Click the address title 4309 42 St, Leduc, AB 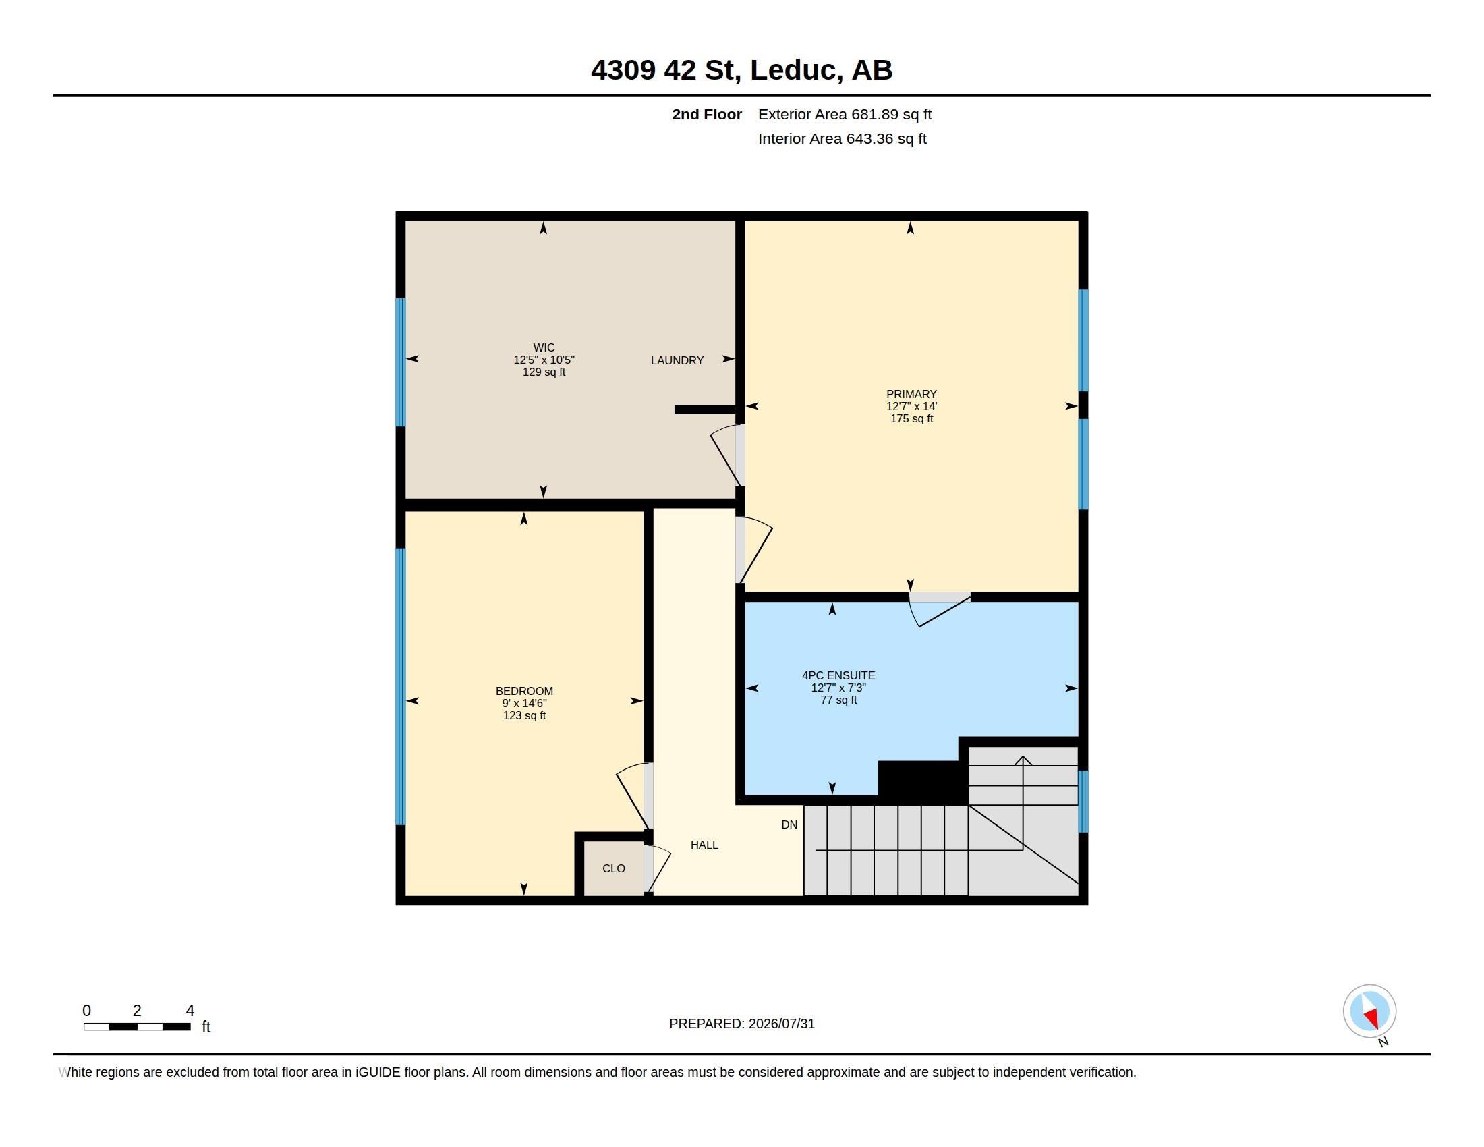[x=741, y=70]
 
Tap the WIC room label [x=544, y=347]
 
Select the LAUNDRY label [x=677, y=360]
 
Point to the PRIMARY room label [x=911, y=394]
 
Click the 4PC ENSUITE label [x=838, y=675]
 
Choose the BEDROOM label [x=524, y=691]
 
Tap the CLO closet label [x=614, y=868]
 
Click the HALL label [x=704, y=845]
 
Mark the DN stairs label [x=789, y=824]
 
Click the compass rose [x=1369, y=1011]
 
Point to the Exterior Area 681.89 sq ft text [x=845, y=114]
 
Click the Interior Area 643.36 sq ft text [x=842, y=138]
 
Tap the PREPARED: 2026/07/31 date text [x=741, y=1024]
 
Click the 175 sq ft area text [x=911, y=418]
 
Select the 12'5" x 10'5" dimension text [x=544, y=360]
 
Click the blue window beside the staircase [x=1083, y=801]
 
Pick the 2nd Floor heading [x=707, y=114]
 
